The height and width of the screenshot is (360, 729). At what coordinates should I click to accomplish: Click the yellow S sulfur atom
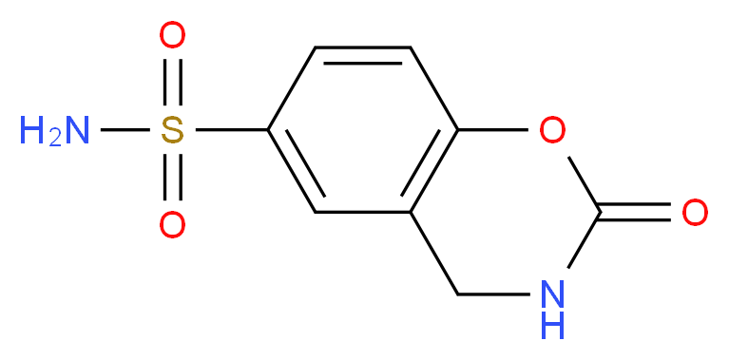172,131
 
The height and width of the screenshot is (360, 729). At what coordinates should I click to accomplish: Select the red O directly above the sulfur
172,38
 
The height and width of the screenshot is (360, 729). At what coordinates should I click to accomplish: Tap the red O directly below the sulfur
172,225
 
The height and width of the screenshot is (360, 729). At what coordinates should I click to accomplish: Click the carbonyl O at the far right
695,213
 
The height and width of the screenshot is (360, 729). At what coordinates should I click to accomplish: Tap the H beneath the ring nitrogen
553,327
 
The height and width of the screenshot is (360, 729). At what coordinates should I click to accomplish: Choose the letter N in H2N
77,131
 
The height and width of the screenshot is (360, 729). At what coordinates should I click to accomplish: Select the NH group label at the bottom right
553,310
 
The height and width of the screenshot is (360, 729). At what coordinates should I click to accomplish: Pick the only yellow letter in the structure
172,131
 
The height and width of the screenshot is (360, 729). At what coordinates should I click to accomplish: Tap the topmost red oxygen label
172,38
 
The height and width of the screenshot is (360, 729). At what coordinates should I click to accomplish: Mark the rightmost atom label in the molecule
695,213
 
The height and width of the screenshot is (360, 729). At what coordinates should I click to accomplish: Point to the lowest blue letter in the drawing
553,327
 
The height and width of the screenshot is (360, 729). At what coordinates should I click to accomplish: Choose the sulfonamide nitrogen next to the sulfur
77,131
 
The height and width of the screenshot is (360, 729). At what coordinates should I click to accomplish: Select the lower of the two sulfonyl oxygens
172,225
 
